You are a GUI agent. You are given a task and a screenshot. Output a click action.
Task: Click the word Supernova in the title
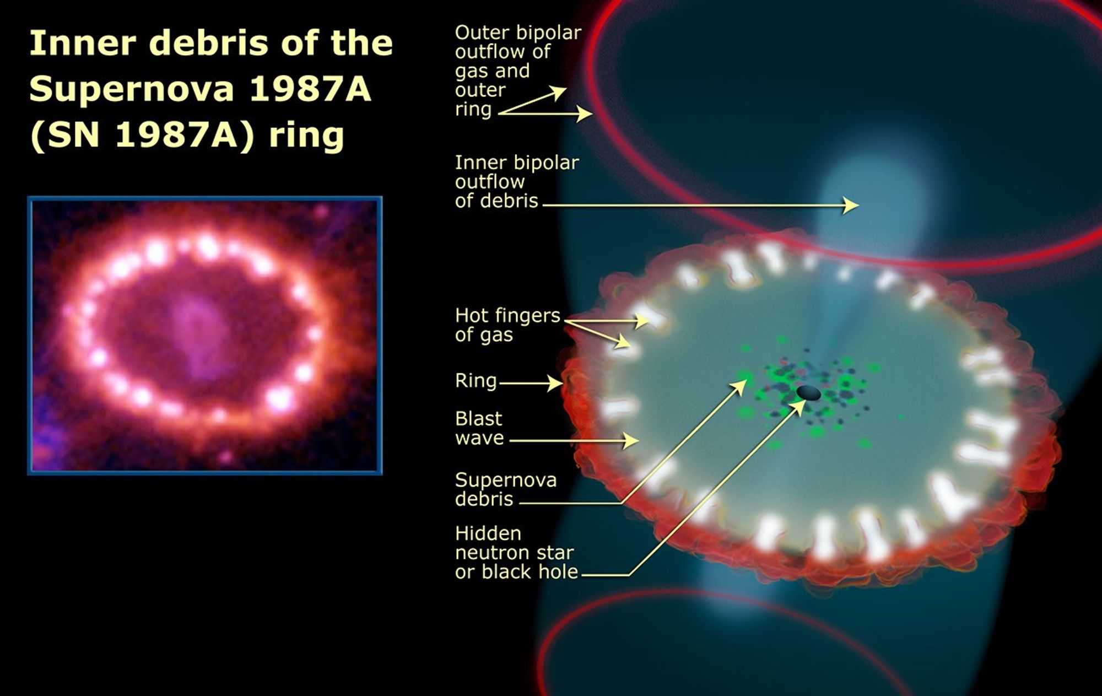click(131, 89)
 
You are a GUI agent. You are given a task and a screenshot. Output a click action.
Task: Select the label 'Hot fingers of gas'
click(507, 325)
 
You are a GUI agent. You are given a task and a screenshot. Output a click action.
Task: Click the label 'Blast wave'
click(479, 428)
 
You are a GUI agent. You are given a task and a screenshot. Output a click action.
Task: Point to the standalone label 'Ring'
click(476, 381)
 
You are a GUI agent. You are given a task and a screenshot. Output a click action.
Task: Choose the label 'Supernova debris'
click(505, 489)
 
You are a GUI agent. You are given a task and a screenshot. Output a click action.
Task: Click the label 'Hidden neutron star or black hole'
click(516, 553)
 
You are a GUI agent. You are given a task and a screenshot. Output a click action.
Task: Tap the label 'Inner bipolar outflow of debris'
click(516, 182)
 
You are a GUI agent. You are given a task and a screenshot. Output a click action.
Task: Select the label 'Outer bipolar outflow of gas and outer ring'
click(517, 71)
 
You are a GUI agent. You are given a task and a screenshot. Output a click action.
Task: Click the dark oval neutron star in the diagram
click(808, 393)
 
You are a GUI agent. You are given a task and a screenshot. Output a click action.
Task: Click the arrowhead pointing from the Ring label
click(557, 383)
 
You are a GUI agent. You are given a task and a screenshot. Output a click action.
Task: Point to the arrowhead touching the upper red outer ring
click(587, 114)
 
